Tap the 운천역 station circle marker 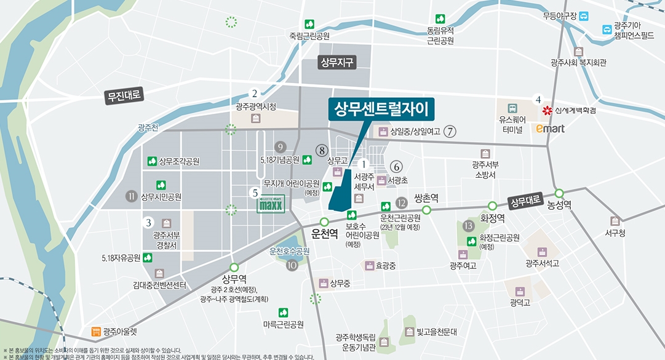[324, 222]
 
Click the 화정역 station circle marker [492, 206]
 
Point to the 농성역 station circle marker [559, 193]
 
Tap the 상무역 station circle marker [234, 267]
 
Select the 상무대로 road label [525, 201]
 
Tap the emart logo [546, 129]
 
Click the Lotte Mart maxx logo [270, 204]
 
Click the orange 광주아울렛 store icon [95, 332]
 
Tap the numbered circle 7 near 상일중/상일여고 [450, 131]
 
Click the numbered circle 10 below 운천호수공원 [292, 265]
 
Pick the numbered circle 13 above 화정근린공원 [469, 225]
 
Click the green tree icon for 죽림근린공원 [309, 24]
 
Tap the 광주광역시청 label [256, 106]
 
